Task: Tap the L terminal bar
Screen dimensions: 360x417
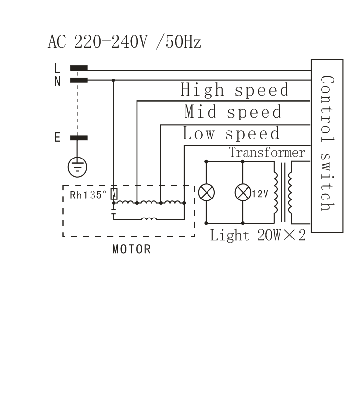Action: (x=78, y=68)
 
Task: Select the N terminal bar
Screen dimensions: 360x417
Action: (x=78, y=80)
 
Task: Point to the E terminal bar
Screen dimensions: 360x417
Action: (x=78, y=138)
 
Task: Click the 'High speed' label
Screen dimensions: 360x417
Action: (x=235, y=90)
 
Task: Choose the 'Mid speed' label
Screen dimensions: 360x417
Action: (x=233, y=111)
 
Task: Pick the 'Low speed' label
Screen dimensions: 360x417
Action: (x=231, y=133)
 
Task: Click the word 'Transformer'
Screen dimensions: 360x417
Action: (x=267, y=152)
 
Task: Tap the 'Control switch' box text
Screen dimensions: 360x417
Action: (x=327, y=143)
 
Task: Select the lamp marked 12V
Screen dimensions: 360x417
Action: (x=243, y=193)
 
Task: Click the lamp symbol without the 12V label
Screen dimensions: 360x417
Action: (x=207, y=193)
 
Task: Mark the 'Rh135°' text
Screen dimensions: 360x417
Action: (x=88, y=195)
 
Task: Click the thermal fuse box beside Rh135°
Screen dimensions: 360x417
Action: (x=114, y=194)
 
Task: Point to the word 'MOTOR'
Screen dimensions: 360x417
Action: (x=132, y=249)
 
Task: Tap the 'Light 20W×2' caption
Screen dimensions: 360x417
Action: (x=258, y=236)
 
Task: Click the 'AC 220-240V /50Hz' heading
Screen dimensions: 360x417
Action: (x=124, y=42)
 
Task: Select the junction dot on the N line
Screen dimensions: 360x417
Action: (x=114, y=80)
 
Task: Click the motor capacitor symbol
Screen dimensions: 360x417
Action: (x=114, y=211)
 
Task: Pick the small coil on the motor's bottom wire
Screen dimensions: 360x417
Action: (x=149, y=219)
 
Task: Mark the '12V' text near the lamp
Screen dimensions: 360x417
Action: (x=260, y=194)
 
